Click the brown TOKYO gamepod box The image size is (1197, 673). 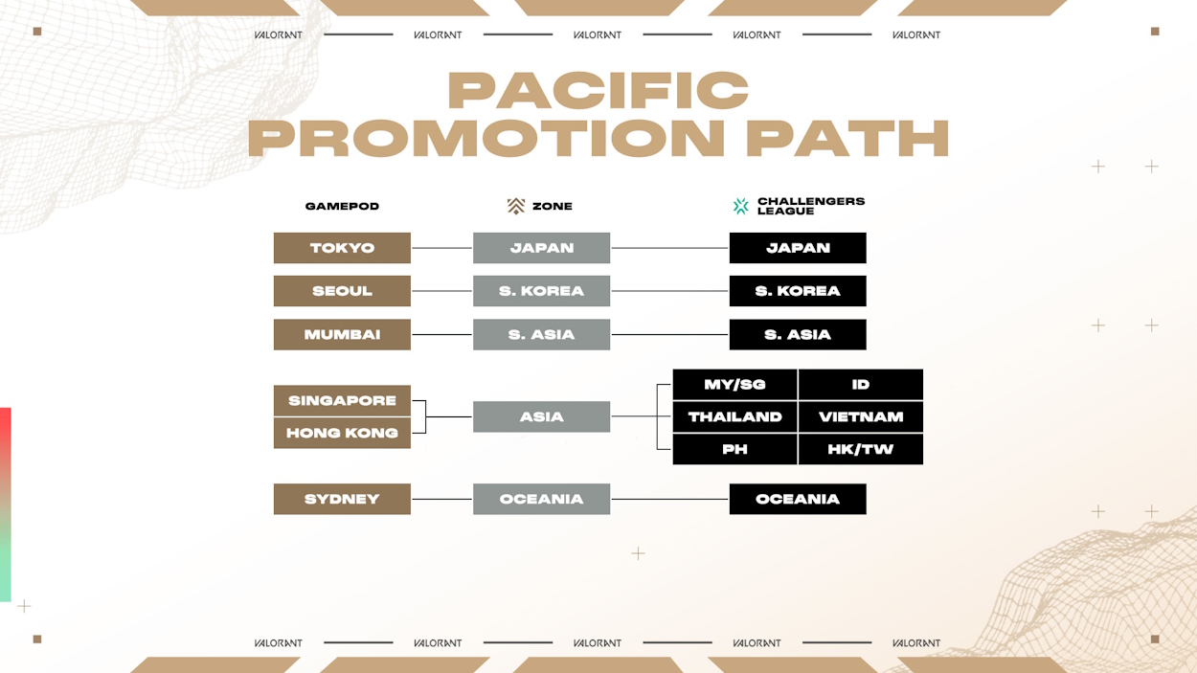(x=342, y=248)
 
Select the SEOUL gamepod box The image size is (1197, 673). (x=342, y=291)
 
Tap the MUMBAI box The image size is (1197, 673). (x=342, y=334)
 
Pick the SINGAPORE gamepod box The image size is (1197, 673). (x=342, y=400)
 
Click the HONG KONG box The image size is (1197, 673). (x=342, y=433)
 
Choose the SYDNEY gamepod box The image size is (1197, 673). (x=342, y=499)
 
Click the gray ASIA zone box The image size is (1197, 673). (x=541, y=416)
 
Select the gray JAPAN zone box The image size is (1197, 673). (x=541, y=248)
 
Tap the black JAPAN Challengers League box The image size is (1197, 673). (x=798, y=248)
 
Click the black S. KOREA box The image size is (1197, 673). (x=798, y=291)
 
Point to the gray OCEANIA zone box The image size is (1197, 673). (x=541, y=499)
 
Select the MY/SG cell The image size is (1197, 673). (x=734, y=384)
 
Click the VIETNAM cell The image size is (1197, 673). (x=861, y=416)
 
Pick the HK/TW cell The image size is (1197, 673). (x=861, y=449)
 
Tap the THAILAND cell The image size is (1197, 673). (x=734, y=416)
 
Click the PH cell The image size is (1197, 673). (x=734, y=449)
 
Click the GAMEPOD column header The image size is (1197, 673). (x=342, y=206)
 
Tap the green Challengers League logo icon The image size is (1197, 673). (x=740, y=206)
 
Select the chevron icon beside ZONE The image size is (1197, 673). (x=516, y=206)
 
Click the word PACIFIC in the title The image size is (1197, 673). (x=598, y=91)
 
